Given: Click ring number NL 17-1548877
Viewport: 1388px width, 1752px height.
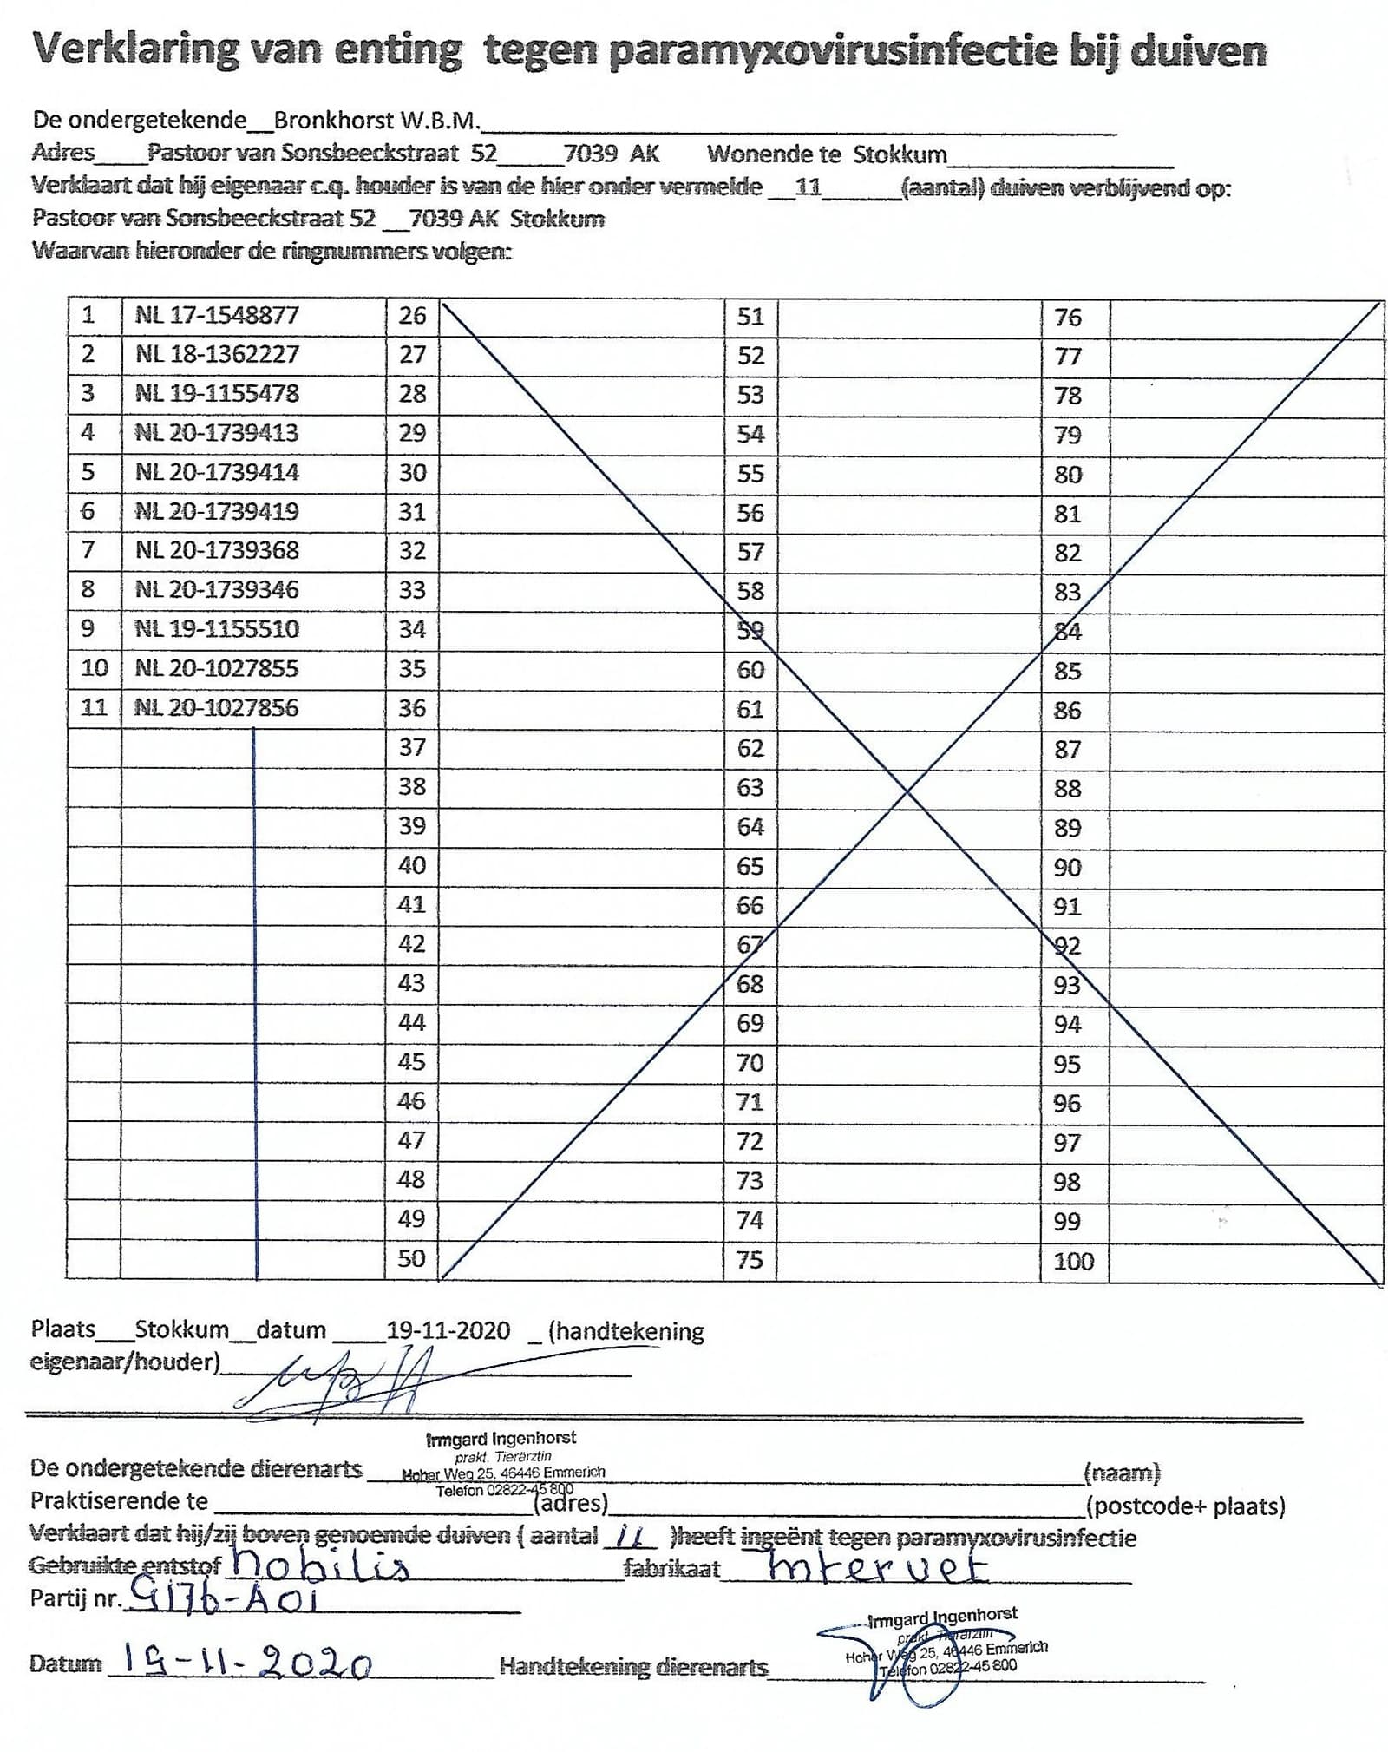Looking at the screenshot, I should point(216,315).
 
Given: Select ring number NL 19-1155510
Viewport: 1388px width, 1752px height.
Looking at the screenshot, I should point(216,628).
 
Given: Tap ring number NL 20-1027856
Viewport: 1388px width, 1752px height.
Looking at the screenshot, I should point(216,708).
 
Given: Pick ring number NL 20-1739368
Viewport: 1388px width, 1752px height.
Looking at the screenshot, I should point(216,550).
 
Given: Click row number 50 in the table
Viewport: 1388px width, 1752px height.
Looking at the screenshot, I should point(411,1258).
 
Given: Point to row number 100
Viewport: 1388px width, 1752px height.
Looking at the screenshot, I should point(1073,1261).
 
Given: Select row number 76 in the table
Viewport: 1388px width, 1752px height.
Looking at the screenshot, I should point(1067,318).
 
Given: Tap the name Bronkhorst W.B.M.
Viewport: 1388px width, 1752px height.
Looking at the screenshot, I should point(377,120).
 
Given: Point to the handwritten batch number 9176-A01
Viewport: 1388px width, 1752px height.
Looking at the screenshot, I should point(220,1598).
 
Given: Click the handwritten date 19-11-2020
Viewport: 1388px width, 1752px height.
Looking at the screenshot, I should point(247,1662).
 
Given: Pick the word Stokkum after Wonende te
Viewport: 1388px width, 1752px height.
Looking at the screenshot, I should point(900,155).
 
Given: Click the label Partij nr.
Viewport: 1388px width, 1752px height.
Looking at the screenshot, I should point(73,1598).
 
